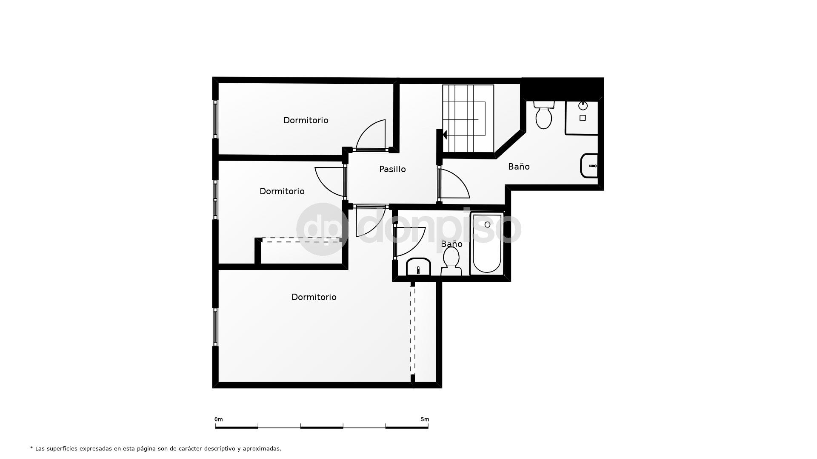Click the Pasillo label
coord(392,169)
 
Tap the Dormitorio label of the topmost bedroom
coord(306,120)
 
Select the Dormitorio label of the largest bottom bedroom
coord(314,297)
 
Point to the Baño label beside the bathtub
coord(451,244)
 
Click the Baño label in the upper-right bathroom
coord(519,167)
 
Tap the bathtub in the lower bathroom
coord(487,244)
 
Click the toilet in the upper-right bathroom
coord(544,114)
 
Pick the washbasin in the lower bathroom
coord(418,267)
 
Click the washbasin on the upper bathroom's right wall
coord(589,166)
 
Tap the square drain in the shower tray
coord(583,118)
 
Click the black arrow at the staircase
coord(444,135)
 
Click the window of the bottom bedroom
coord(215,327)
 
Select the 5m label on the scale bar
coord(425,419)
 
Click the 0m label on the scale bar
coord(219,419)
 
